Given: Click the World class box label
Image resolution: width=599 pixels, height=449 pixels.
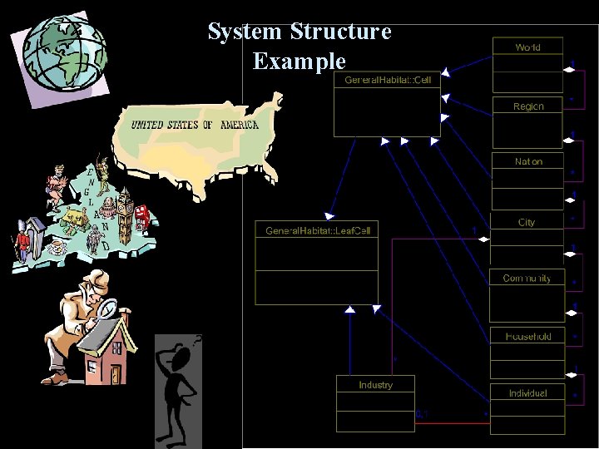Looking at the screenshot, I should click(x=527, y=47).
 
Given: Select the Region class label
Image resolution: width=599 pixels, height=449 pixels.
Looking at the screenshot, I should click(x=528, y=106).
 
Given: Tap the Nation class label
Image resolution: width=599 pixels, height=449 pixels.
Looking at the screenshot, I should click(x=528, y=161).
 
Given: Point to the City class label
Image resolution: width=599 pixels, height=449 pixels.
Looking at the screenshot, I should click(x=527, y=222).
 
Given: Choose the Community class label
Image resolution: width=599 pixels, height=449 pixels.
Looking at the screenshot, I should click(x=527, y=279).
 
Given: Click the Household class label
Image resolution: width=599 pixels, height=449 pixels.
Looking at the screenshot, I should click(x=527, y=336).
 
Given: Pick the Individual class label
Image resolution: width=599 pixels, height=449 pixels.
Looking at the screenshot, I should click(x=527, y=392).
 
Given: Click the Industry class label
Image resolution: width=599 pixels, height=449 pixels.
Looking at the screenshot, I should click(x=375, y=385).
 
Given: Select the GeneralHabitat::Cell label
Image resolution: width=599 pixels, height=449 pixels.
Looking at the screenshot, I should click(x=388, y=80).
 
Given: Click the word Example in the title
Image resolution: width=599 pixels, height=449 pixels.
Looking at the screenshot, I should click(x=299, y=61).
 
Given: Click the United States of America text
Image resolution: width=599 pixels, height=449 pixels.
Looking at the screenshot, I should click(x=195, y=125).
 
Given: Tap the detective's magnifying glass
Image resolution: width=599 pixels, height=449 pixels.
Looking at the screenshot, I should click(x=107, y=308).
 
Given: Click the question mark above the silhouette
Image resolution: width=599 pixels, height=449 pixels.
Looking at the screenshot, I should click(x=196, y=338).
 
